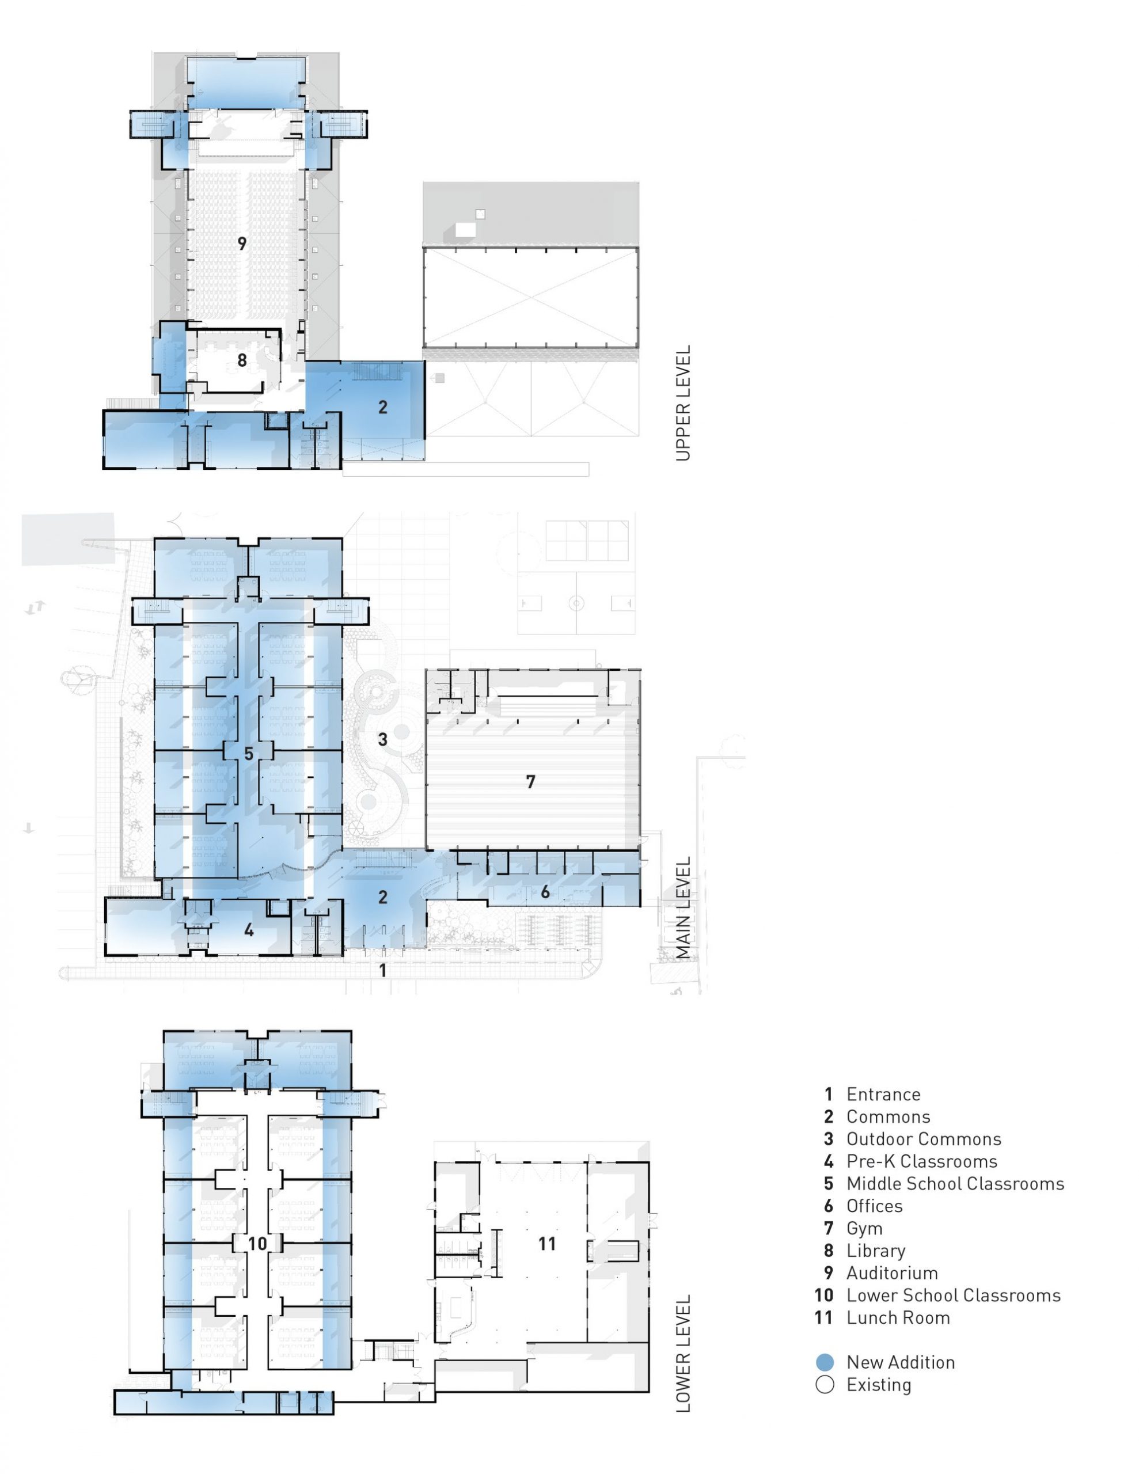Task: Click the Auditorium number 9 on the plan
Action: click(242, 244)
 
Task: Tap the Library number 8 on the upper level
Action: click(242, 360)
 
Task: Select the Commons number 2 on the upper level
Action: click(383, 407)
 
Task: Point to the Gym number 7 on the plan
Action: click(531, 781)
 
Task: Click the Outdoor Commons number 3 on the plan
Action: click(383, 739)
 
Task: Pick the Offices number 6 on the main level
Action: click(545, 892)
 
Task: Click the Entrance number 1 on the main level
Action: click(383, 971)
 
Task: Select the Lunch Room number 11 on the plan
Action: click(547, 1243)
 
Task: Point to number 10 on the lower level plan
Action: click(257, 1243)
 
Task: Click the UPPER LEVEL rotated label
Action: click(684, 404)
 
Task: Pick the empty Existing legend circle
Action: click(825, 1385)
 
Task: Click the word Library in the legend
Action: click(876, 1251)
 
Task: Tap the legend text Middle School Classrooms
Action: click(955, 1184)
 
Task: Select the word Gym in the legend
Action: click(864, 1228)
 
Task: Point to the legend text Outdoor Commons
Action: click(924, 1139)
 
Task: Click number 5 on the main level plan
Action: click(248, 754)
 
